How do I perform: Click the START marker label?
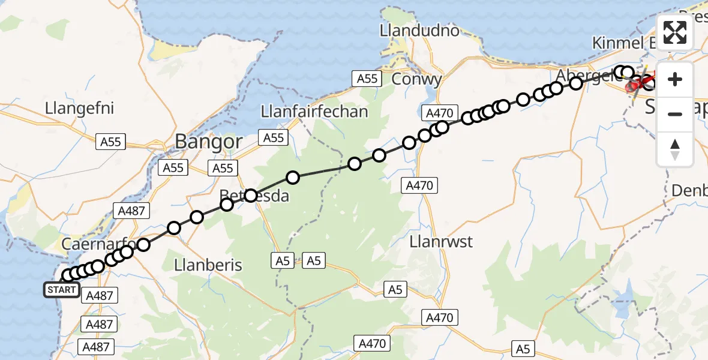tap(61, 290)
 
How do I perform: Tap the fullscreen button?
tap(675, 33)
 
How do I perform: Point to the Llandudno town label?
tap(419, 31)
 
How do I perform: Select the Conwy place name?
tap(416, 79)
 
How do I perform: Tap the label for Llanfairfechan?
tap(314, 111)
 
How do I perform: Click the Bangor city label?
tap(208, 142)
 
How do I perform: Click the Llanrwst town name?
tap(440, 242)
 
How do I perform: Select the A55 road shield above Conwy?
tap(367, 79)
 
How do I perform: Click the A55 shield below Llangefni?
tap(110, 142)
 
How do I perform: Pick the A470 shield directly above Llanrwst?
tap(419, 186)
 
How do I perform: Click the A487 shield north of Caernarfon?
tap(130, 210)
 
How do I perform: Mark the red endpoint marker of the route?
tap(632, 88)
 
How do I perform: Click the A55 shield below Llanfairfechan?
tap(273, 138)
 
